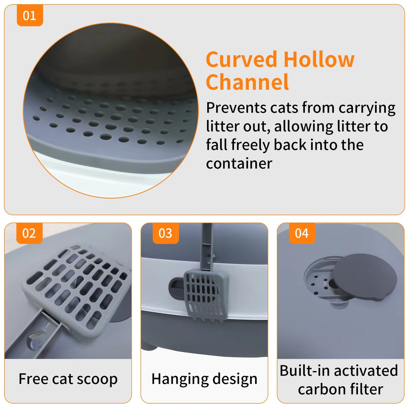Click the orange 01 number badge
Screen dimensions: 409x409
(29, 16)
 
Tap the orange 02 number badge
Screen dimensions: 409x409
(29, 233)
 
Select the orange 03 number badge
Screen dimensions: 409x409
(165, 233)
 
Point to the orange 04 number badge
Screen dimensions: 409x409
(302, 233)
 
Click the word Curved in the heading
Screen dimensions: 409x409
(241, 60)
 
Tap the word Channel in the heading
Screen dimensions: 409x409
(247, 82)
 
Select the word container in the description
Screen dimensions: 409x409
(239, 163)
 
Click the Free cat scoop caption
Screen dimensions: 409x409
(68, 379)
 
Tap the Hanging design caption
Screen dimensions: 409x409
(204, 379)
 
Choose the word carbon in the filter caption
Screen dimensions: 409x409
(322, 389)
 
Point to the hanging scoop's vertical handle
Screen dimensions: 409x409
(207, 248)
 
